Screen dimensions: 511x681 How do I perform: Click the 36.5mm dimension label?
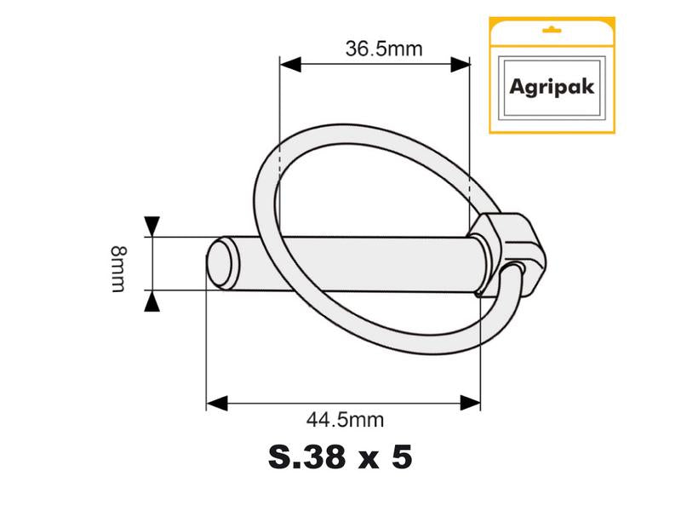383,49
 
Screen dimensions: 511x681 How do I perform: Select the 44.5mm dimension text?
345,419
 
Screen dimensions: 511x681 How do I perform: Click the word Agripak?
551,87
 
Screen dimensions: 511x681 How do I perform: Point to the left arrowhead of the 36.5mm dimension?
290,64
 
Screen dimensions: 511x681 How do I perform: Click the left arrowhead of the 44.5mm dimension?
218,402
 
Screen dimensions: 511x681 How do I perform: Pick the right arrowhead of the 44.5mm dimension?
469,402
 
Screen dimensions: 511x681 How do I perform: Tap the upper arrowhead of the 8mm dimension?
152,227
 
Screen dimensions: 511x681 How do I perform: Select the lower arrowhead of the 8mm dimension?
152,301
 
